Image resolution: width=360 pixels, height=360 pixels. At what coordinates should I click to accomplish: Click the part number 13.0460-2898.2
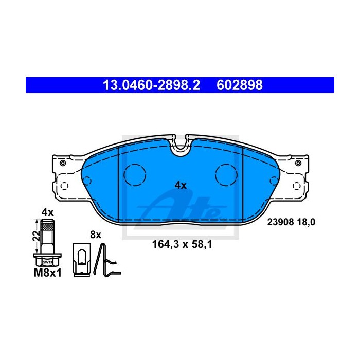(152, 85)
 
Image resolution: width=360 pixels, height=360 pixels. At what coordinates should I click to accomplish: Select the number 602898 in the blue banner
(240, 85)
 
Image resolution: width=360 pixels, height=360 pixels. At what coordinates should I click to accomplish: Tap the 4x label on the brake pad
(181, 185)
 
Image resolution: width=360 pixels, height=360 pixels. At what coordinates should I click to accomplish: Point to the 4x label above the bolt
(47, 212)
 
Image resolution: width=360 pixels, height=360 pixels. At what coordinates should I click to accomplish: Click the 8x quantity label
(96, 235)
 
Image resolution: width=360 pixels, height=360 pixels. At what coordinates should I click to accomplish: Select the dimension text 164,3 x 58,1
(182, 244)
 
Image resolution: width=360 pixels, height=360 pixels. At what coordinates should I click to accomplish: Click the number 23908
(280, 222)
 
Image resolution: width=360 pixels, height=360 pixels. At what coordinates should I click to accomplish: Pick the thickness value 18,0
(306, 222)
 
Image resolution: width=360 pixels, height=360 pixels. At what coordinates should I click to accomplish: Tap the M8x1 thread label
(48, 273)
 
